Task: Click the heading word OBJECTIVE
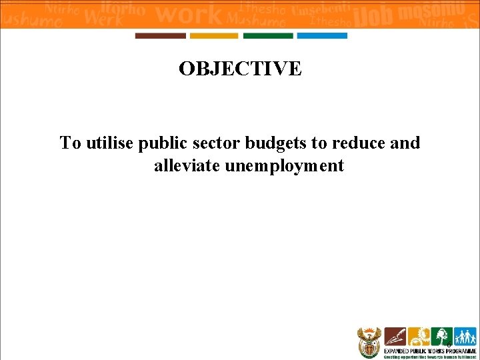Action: pos(240,69)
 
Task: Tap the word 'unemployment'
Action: pos(284,165)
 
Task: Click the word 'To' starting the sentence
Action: pos(70,143)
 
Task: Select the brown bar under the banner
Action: pos(161,36)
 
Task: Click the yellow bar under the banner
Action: pos(213,36)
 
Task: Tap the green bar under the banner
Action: pos(267,36)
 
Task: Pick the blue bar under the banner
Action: pos(321,36)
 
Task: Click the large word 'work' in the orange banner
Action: pos(191,13)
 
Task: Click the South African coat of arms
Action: pos(369,342)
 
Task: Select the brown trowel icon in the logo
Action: pos(395,336)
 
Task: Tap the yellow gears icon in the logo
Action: pos(418,336)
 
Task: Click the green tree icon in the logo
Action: pos(441,336)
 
